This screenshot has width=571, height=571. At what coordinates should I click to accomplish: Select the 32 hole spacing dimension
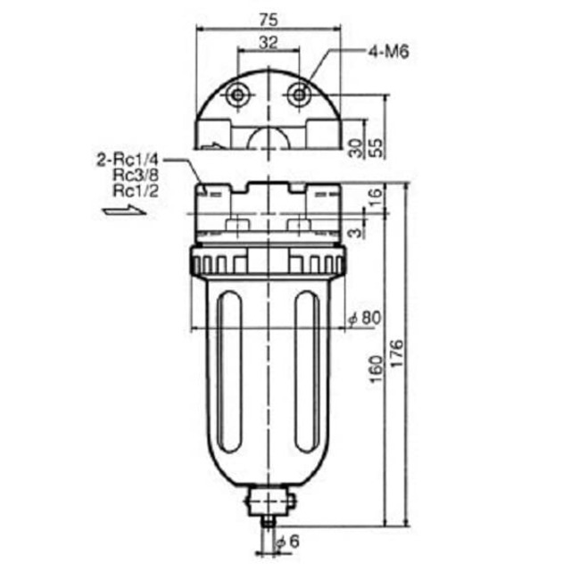tap(268, 41)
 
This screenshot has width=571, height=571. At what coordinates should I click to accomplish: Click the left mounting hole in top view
tap(238, 95)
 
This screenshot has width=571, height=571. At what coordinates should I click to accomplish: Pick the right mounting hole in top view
tap(298, 93)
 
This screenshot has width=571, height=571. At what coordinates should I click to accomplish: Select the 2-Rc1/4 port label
tap(128, 161)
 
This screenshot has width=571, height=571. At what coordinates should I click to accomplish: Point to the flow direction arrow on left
tap(122, 211)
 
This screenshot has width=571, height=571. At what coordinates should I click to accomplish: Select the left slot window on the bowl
tap(228, 375)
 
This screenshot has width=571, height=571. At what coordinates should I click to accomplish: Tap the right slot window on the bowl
tap(306, 375)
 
